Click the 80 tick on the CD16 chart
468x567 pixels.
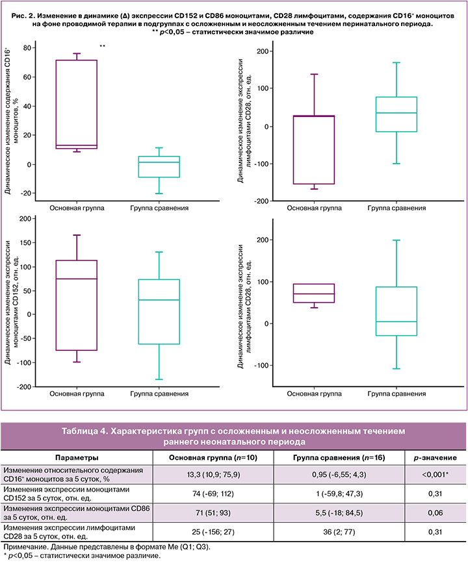pyautogui.click(x=27, y=47)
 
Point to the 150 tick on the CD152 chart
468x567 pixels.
pyautogui.click(x=25, y=243)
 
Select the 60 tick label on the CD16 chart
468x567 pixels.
pyautogui.click(x=27, y=77)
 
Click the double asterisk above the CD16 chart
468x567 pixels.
pyautogui.click(x=103, y=46)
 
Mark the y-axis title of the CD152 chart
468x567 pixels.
pyautogui.click(x=11, y=302)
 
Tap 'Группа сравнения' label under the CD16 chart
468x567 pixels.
pyautogui.click(x=159, y=208)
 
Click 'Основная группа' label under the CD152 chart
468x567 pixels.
pyautogui.click(x=77, y=394)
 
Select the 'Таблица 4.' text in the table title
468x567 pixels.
pyautogui.click(x=84, y=431)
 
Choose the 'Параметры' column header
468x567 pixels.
pyautogui.click(x=77, y=458)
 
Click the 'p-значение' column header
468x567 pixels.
pyautogui.click(x=435, y=458)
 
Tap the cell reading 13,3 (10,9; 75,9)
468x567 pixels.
pyautogui.click(x=214, y=474)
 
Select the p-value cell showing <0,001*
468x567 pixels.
pyautogui.click(x=435, y=474)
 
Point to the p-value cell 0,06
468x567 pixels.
pyautogui.click(x=435, y=512)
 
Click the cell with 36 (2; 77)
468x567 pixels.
pyautogui.click(x=339, y=532)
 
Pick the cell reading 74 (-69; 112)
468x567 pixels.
pyautogui.click(x=213, y=494)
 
